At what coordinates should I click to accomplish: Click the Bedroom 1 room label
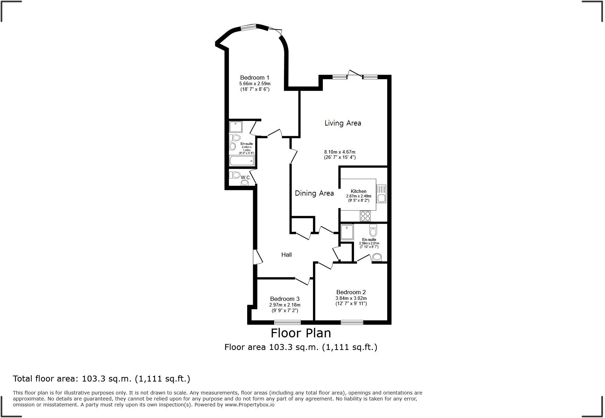tap(255, 77)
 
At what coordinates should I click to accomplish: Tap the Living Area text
tap(342, 123)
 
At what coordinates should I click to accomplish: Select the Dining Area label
tap(314, 193)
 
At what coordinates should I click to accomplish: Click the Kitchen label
tap(359, 191)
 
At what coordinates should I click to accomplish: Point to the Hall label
tap(286, 255)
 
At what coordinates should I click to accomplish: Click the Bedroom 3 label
tap(284, 299)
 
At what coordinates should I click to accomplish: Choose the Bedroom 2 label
tap(351, 292)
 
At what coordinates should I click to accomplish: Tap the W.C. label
tap(246, 177)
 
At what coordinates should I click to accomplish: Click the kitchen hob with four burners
tap(365, 216)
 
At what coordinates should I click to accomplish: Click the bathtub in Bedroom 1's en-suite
tap(241, 161)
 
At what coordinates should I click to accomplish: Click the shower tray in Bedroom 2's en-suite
tap(347, 232)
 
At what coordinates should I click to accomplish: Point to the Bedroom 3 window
tap(287, 322)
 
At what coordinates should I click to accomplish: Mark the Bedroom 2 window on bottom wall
tap(352, 322)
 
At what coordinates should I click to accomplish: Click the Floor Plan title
tap(300, 332)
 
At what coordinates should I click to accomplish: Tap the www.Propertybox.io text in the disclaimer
tap(249, 405)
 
